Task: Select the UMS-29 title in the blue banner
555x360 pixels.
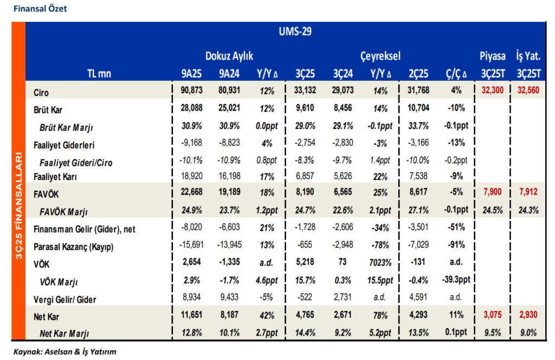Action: pos(292,31)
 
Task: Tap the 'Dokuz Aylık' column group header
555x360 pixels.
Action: pos(229,56)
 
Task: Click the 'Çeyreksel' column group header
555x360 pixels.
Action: pos(380,56)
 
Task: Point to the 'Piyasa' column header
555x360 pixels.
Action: pos(492,56)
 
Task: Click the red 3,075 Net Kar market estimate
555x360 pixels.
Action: pos(492,314)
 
